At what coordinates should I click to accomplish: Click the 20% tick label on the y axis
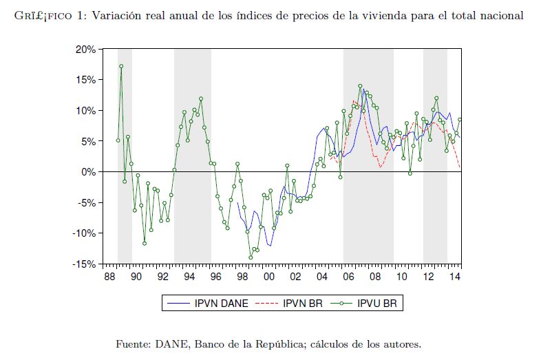86,50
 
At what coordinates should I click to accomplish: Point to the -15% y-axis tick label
85,264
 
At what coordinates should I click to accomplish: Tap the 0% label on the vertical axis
89,172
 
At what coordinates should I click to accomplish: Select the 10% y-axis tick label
86,111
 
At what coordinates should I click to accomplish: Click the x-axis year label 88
109,277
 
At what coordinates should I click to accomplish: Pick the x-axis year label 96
216,277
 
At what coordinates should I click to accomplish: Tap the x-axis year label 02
295,277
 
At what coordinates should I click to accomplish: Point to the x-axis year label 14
455,277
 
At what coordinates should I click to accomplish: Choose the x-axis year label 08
375,277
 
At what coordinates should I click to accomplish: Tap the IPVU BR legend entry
379,302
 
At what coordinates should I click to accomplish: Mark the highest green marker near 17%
121,67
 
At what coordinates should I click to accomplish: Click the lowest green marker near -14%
251,257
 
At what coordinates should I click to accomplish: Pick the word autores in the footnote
400,343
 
